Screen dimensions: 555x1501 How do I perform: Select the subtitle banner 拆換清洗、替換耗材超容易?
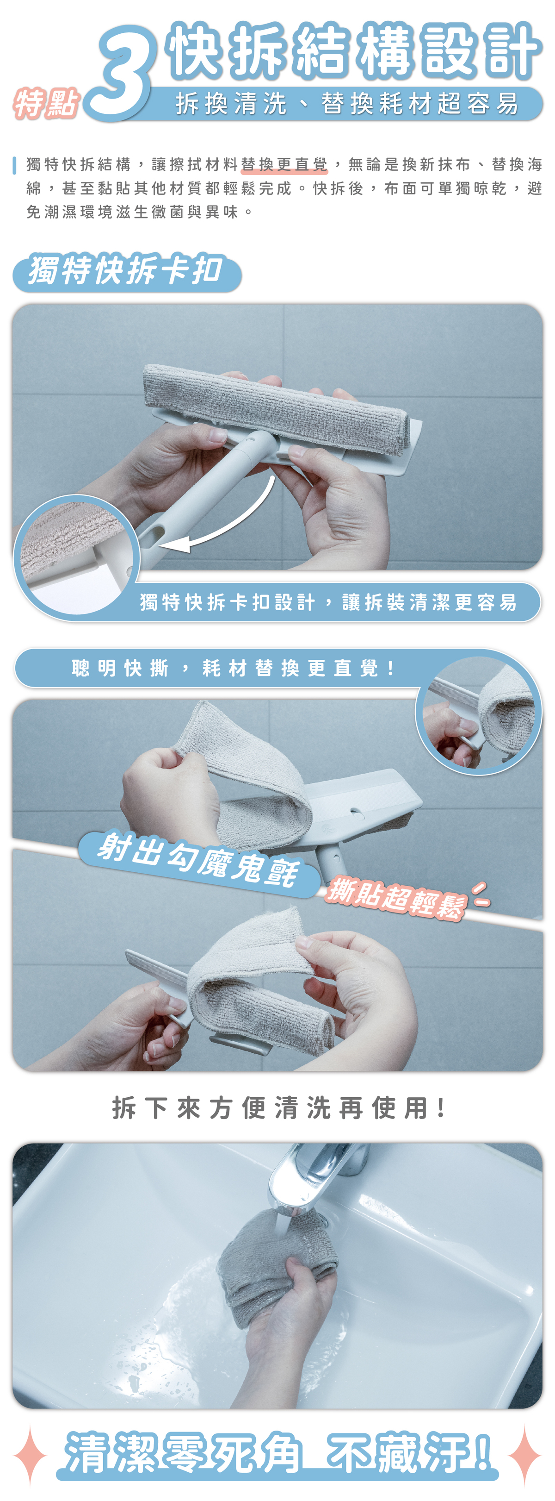pos(347,104)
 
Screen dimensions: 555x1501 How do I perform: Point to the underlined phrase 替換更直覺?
pos(284,164)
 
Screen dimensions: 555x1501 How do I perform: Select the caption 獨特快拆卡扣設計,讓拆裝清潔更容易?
pos(328,602)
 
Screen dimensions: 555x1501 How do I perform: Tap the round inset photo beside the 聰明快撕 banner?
pos(478,713)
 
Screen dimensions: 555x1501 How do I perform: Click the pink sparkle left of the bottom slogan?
pos(30,1454)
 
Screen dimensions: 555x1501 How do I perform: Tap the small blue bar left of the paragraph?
pos(14,165)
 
